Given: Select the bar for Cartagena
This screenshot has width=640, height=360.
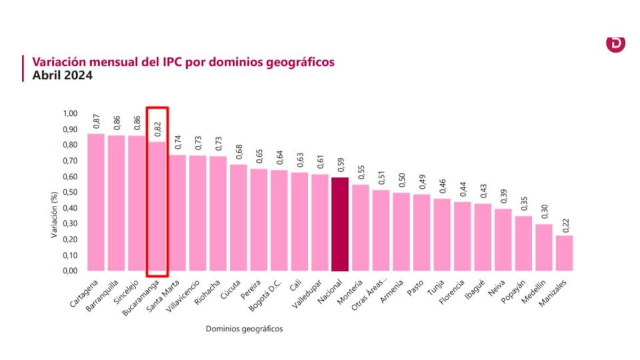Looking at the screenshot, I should click(96, 203).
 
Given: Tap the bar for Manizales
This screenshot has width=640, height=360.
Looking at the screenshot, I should click(564, 253).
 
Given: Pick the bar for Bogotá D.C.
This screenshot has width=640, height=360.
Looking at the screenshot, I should click(279, 220).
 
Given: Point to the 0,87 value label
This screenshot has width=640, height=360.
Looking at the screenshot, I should click(97, 122).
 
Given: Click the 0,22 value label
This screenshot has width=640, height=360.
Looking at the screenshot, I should click(564, 224).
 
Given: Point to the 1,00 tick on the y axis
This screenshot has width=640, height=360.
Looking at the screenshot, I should click(70, 113).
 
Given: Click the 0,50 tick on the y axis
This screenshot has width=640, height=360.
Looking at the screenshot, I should click(70, 192).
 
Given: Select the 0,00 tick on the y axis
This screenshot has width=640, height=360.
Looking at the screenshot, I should click(70, 270).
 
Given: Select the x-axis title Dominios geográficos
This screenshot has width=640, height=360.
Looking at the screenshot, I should click(244, 329).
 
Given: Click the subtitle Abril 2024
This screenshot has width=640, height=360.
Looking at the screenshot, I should click(62, 76).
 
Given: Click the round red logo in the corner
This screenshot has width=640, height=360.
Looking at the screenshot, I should click(615, 44).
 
